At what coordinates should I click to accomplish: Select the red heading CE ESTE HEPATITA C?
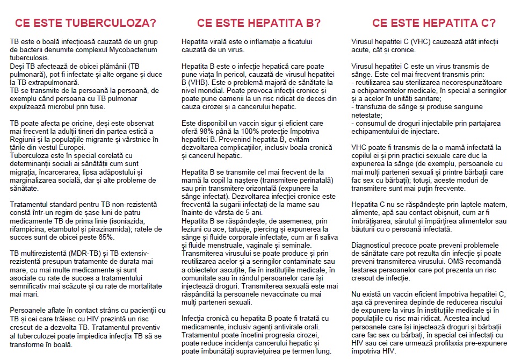pos(434,23)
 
